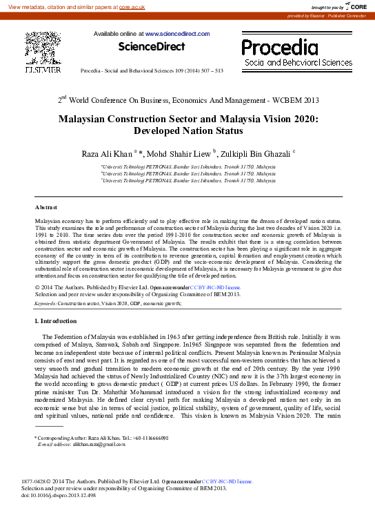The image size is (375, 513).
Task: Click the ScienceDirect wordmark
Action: [x=152, y=46]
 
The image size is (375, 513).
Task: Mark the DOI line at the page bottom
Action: [x=59, y=495]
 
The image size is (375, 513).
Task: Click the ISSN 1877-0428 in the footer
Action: [x=37, y=481]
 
